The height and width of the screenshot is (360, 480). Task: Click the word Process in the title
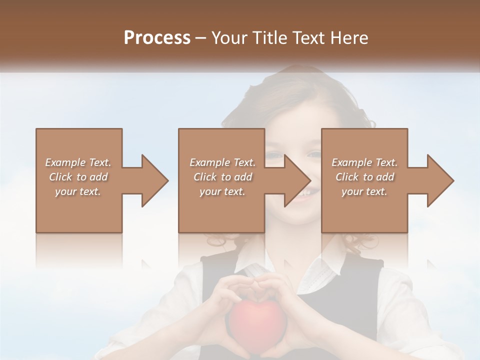(157, 38)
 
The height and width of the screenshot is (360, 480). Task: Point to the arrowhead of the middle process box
(296, 180)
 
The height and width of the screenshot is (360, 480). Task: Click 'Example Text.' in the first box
(78, 162)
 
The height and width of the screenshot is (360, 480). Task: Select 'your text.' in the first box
(78, 191)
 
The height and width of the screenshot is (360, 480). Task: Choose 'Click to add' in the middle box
(222, 177)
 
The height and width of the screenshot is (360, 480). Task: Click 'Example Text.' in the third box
(364, 162)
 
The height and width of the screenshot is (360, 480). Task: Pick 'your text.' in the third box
(364, 191)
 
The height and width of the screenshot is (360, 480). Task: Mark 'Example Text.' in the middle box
(222, 162)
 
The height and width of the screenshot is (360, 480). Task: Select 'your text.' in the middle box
(222, 191)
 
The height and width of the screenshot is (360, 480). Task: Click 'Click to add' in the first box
(78, 177)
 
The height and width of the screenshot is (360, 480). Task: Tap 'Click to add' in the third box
(364, 177)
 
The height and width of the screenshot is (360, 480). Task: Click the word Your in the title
(229, 38)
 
